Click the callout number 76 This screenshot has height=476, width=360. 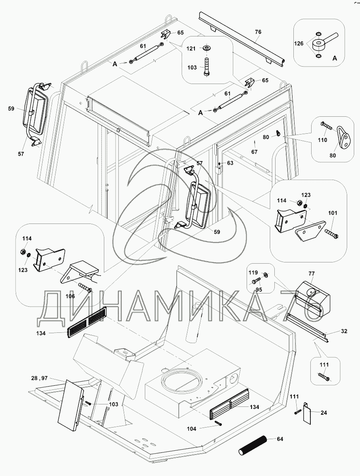258,32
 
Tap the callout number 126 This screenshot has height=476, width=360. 299,43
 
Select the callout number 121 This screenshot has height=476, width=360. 191,49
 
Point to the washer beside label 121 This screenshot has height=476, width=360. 207,48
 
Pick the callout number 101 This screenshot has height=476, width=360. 333,213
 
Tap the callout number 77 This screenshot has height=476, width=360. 312,274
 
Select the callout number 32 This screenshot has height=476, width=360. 344,331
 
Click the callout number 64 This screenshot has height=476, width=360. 280,439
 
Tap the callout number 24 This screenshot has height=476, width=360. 324,413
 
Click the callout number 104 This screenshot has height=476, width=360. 191,429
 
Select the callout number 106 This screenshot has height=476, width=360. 70,296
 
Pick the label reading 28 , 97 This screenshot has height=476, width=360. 39,378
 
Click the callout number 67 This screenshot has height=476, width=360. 254,152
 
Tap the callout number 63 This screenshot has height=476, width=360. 230,163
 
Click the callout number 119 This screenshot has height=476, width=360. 253,272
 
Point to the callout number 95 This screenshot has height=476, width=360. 259,290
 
